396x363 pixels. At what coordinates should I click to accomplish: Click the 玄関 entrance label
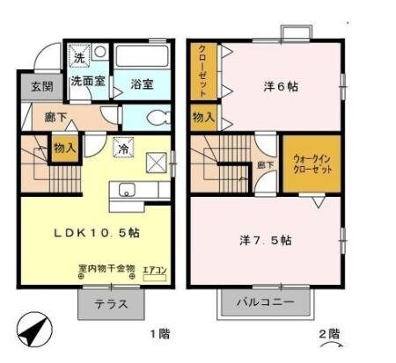[30, 86]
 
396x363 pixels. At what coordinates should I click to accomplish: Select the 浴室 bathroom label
[143, 84]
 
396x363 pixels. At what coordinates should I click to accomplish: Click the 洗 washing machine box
[79, 58]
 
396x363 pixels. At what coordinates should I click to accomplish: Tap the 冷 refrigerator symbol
[125, 150]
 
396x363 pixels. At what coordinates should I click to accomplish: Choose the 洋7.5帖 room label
[264, 240]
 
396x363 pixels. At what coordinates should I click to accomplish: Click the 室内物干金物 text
[106, 268]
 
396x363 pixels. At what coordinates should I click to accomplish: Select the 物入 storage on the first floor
[64, 148]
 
